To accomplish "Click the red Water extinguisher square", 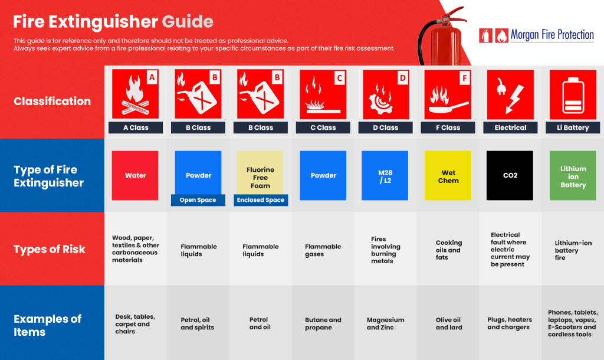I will click(x=135, y=175).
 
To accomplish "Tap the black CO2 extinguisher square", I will click(x=510, y=175).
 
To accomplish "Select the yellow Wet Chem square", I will click(x=448, y=175).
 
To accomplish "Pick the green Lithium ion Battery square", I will click(x=573, y=175).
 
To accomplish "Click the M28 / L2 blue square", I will click(x=385, y=175).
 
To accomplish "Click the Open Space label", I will click(x=198, y=200).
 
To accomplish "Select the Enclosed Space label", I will click(x=260, y=200).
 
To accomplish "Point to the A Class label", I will click(x=135, y=127).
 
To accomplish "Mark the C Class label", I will click(x=323, y=127).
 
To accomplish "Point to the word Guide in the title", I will click(x=188, y=22).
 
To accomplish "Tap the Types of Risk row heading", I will click(x=50, y=249).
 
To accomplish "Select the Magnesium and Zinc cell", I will click(x=385, y=323).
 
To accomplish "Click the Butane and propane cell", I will click(x=323, y=323).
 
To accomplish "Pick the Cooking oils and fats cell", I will click(x=448, y=250).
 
